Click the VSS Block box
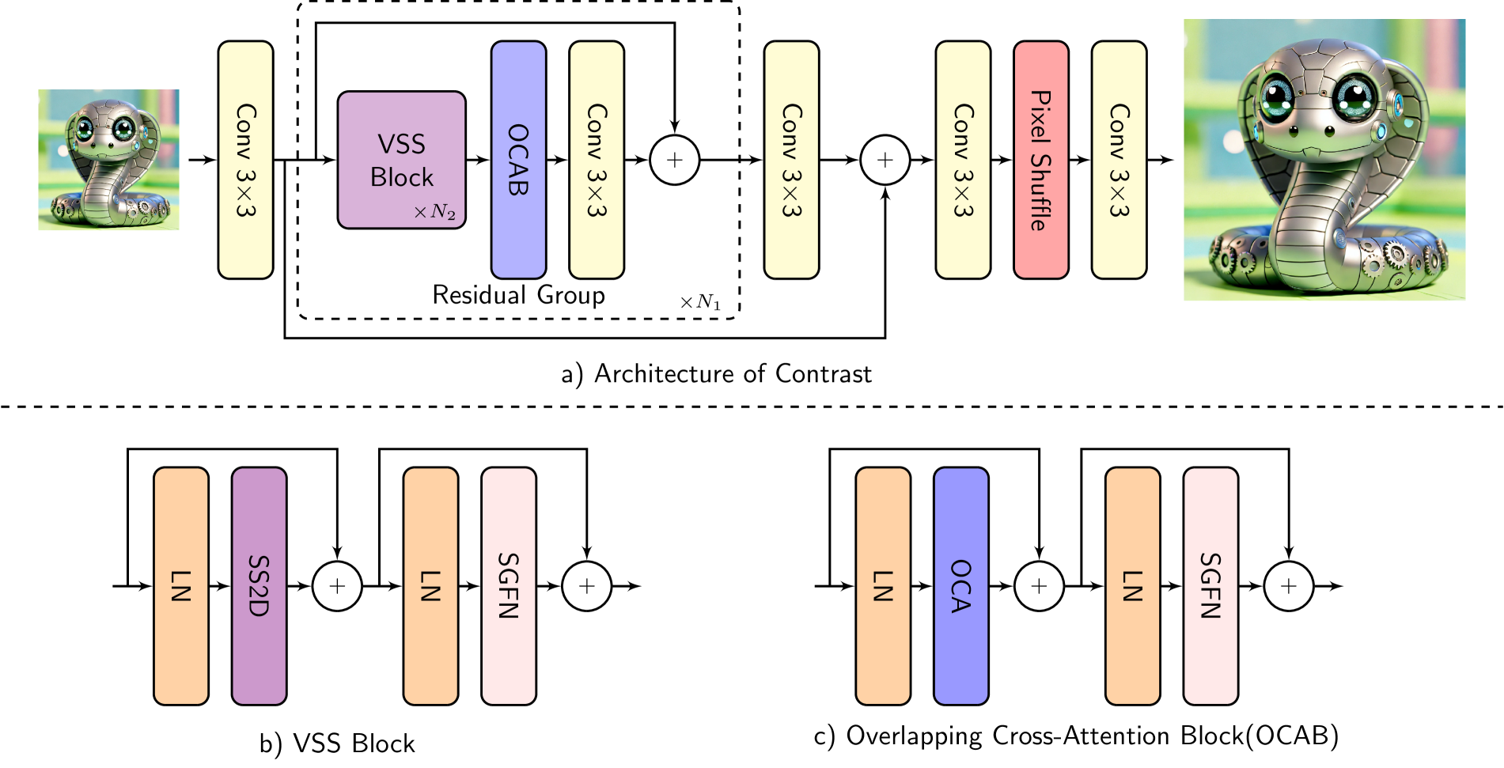pyautogui.click(x=401, y=159)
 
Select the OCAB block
pyautogui.click(x=518, y=159)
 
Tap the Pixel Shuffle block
pyautogui.click(x=1040, y=159)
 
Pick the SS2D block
pyautogui.click(x=259, y=585)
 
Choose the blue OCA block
pyautogui.click(x=960, y=585)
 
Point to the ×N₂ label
pyautogui.click(x=434, y=212)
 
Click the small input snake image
pyautogui.click(x=108, y=160)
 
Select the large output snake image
pyautogui.click(x=1324, y=160)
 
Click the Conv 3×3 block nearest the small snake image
pyautogui.click(x=245, y=159)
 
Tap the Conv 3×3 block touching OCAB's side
pyautogui.click(x=596, y=159)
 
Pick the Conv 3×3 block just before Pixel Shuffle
pyautogui.click(x=962, y=159)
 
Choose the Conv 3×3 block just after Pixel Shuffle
pyautogui.click(x=1118, y=159)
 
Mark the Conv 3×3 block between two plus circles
pyautogui.click(x=791, y=159)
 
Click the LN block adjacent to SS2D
pyautogui.click(x=180, y=585)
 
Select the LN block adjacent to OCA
pyautogui.click(x=882, y=585)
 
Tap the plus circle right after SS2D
pyautogui.click(x=337, y=586)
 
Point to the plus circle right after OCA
pyautogui.click(x=1039, y=586)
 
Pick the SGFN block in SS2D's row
pyautogui.click(x=508, y=585)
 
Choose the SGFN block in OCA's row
pyautogui.click(x=1210, y=585)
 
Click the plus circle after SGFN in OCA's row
pyautogui.click(x=1288, y=586)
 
